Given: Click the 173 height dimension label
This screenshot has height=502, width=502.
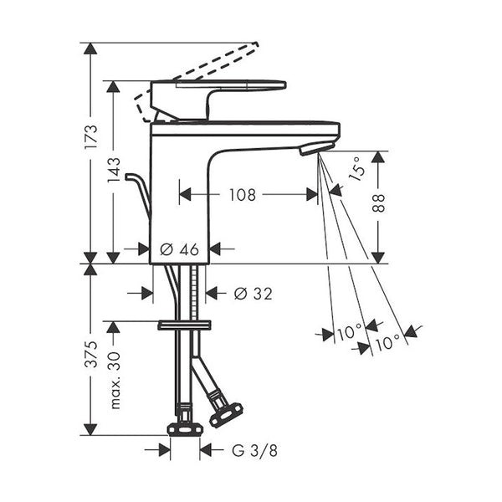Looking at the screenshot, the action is (90, 136).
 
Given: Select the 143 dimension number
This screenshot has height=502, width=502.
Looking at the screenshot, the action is (113, 170).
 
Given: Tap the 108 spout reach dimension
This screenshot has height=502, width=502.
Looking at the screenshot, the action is (243, 195).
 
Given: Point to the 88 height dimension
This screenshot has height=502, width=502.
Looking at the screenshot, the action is (378, 202).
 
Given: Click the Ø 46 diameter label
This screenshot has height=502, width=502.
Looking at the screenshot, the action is (179, 249).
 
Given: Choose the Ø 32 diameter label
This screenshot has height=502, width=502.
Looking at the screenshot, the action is (253, 294).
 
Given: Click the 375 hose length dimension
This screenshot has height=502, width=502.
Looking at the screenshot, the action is (90, 354).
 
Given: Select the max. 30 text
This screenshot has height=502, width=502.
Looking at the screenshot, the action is (115, 381).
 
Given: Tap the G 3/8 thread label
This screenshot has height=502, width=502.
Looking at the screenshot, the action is (254, 450).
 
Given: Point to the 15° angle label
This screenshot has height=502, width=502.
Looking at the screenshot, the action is (357, 169).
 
